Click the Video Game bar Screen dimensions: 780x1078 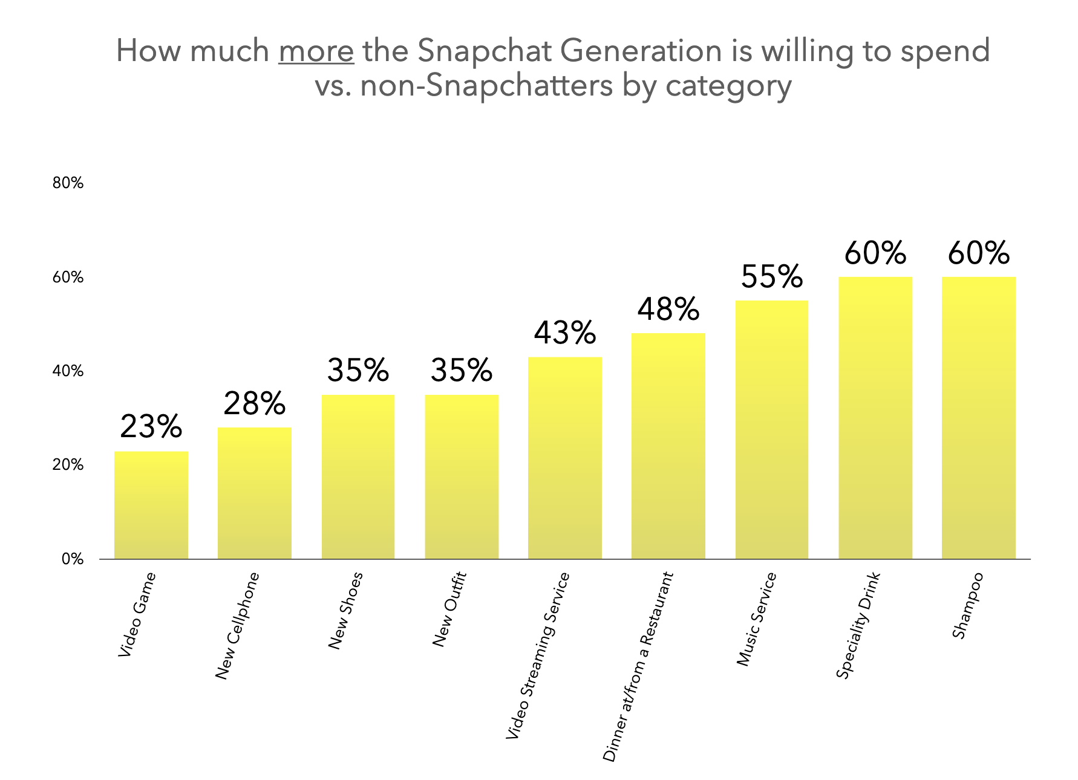click(x=151, y=505)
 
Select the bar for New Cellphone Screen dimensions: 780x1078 click(x=254, y=493)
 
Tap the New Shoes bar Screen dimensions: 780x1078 click(x=358, y=476)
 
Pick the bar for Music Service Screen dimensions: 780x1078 click(x=772, y=429)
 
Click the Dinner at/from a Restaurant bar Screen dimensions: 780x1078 click(x=668, y=446)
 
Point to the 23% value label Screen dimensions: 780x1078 click(x=151, y=427)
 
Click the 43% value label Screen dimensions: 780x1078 click(x=565, y=333)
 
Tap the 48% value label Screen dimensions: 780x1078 click(x=668, y=309)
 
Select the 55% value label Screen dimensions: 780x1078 click(x=772, y=276)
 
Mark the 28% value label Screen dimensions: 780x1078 click(x=254, y=403)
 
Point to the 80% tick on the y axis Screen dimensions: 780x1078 click(x=68, y=183)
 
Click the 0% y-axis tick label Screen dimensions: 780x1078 click(x=72, y=559)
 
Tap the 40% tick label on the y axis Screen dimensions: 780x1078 click(x=68, y=371)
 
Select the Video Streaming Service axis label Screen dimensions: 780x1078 click(x=538, y=655)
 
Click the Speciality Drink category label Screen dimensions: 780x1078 click(x=858, y=625)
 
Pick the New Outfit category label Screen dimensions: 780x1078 click(x=449, y=609)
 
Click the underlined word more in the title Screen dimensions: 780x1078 click(x=316, y=51)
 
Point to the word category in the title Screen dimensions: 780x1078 click(x=728, y=86)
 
